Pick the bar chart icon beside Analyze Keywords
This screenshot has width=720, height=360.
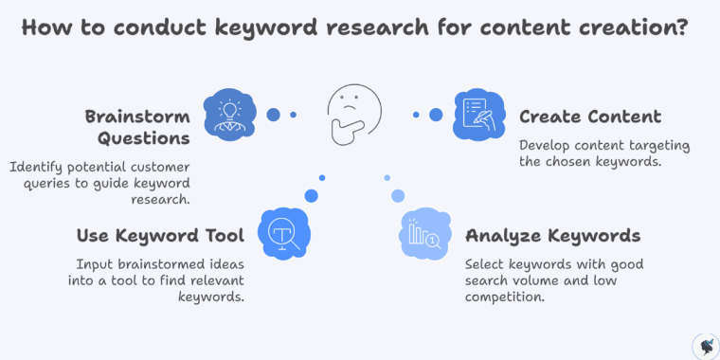coord(423,234)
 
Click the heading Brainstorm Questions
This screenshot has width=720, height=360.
coord(137,127)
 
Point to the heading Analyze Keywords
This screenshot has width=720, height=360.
coord(552,235)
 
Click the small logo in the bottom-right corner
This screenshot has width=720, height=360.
coord(705,345)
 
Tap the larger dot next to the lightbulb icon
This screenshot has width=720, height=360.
coord(273,115)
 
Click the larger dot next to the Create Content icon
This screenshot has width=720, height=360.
coord(436,115)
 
